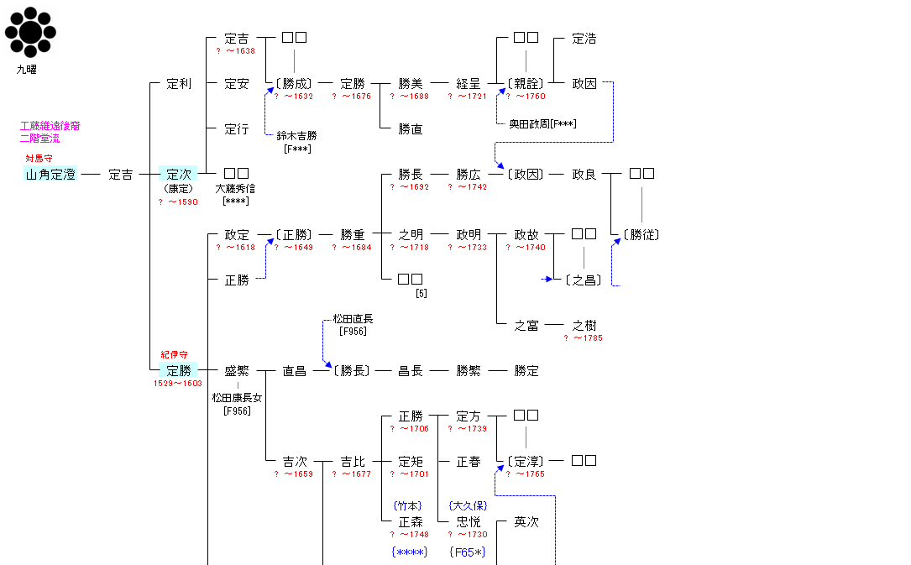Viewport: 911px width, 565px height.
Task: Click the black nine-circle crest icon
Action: (30, 33)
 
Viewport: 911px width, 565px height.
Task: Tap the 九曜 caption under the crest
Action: (27, 70)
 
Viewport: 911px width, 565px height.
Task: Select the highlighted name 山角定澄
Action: (50, 175)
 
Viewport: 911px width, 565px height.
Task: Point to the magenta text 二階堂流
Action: (40, 138)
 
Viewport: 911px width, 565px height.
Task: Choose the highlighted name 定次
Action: (178, 175)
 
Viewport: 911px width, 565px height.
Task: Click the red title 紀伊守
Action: (175, 355)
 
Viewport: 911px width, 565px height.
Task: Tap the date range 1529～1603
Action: (178, 384)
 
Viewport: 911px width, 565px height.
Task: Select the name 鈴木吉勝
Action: (296, 135)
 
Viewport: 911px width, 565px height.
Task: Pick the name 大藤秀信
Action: (236, 189)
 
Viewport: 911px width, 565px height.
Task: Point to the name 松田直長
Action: (353, 319)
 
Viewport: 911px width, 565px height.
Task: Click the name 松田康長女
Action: (237, 398)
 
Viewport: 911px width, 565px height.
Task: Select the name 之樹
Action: (584, 326)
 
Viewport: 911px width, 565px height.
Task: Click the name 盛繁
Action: (237, 371)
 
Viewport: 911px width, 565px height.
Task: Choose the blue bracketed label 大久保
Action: (469, 505)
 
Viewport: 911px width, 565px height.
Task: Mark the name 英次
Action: (526, 522)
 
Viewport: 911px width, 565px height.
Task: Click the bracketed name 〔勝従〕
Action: (641, 235)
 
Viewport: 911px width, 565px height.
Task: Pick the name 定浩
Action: (584, 39)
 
